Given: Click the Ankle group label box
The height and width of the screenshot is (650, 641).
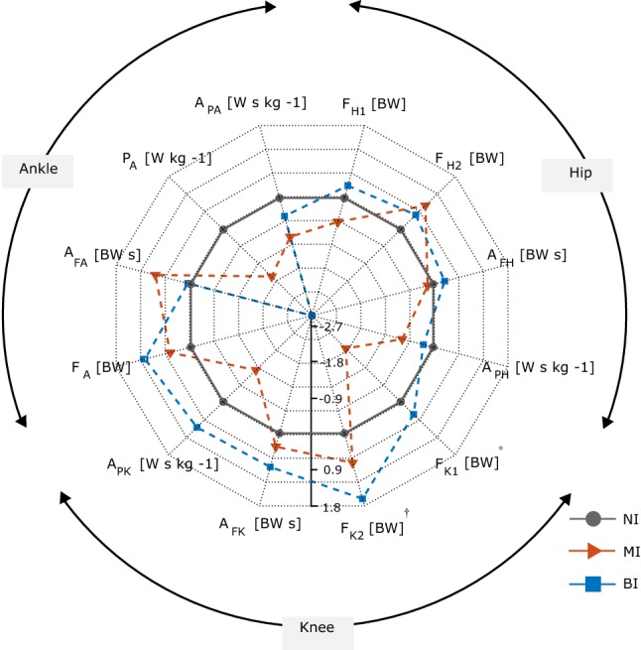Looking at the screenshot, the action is (x=39, y=169).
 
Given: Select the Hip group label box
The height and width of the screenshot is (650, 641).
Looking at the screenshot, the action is (x=577, y=173).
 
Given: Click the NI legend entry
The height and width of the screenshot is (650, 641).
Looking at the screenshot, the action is (x=630, y=518).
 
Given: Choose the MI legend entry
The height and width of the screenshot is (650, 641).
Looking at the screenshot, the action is (x=630, y=551).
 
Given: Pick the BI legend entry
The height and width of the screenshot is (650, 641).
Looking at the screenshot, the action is (x=629, y=585).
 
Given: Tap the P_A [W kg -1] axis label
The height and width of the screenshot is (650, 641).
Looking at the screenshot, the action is (x=166, y=158).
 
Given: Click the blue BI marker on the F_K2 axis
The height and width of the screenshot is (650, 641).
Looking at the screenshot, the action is (x=362, y=498).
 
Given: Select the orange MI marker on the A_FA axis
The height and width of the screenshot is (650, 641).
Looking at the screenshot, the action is (x=156, y=275).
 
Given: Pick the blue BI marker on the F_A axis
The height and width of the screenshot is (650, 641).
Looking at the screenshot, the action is (x=145, y=359).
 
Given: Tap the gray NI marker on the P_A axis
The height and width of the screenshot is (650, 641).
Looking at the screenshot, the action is (x=222, y=229).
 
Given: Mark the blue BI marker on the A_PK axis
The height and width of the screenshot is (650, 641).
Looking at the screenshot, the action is (x=196, y=427).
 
